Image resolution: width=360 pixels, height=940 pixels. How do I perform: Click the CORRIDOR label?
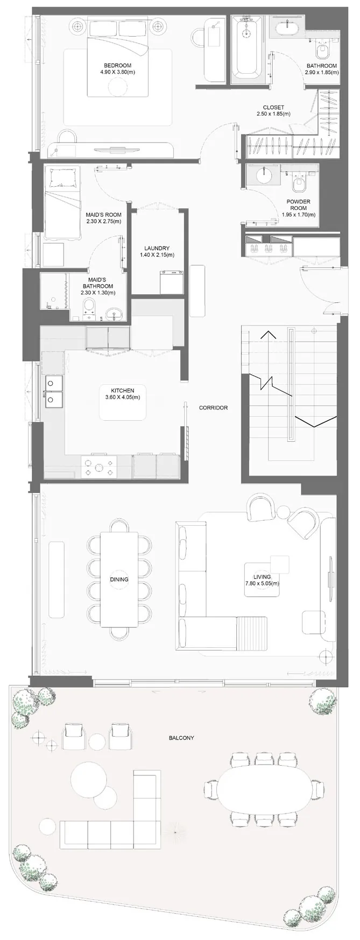pos(213,408)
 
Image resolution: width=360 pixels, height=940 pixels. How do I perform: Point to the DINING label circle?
pos(119,579)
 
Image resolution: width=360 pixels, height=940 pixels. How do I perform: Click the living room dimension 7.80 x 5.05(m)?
pos(265,583)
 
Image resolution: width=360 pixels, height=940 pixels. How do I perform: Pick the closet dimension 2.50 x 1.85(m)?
pos(273,114)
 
